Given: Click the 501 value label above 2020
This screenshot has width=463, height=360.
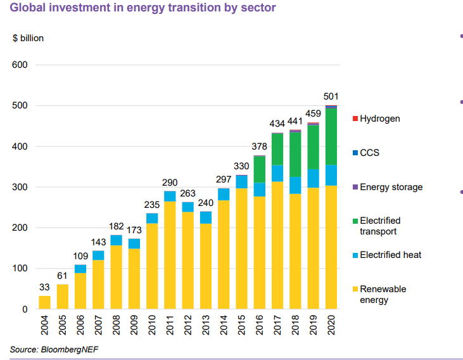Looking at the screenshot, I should coord(331,96).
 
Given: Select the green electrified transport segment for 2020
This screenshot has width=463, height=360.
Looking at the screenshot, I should coord(331,136).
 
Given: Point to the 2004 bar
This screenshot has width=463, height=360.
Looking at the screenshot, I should coord(44,302).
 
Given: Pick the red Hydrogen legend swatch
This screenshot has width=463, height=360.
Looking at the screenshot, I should coord(355,119).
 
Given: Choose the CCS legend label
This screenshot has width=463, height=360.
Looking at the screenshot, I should coord(369,153).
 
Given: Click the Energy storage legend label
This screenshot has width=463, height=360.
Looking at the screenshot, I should coord(391,187).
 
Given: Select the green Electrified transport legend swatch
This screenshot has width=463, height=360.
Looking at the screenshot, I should coord(355,221).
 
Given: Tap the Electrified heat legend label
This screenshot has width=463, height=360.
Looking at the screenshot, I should coord(390,255).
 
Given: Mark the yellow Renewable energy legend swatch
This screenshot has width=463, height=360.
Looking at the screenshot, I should coord(355,290).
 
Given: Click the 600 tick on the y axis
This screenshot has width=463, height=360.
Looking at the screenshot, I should coord(20,65).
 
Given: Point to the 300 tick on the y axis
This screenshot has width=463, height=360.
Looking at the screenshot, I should coord(20,187).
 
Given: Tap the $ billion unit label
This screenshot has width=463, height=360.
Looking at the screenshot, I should coord(28,38).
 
